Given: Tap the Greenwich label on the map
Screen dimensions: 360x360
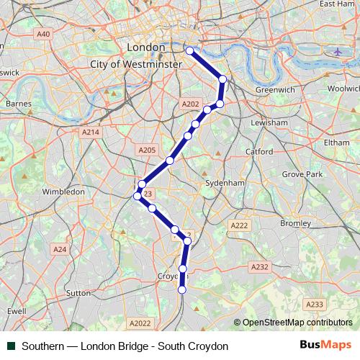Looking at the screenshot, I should coord(275,90).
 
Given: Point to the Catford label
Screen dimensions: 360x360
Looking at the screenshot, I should coord(258,152).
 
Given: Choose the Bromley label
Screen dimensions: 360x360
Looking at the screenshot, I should coord(294,223).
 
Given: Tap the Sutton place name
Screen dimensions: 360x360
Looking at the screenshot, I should coord(78,293).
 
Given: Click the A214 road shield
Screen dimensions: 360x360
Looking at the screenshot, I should coord(90,132).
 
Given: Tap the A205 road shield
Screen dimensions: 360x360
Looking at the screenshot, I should coord(146,150).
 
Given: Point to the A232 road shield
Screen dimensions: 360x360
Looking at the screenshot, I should coord(260,266).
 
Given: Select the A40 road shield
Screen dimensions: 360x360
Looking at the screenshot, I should coord(43,34).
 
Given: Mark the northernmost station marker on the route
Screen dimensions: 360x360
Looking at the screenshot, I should coord(190,51).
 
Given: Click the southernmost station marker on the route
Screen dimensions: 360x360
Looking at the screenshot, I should coord(182,289).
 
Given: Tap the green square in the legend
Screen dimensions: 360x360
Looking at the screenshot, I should coord(11,346).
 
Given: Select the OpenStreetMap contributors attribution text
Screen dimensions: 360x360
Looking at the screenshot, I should coord(297,323).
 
